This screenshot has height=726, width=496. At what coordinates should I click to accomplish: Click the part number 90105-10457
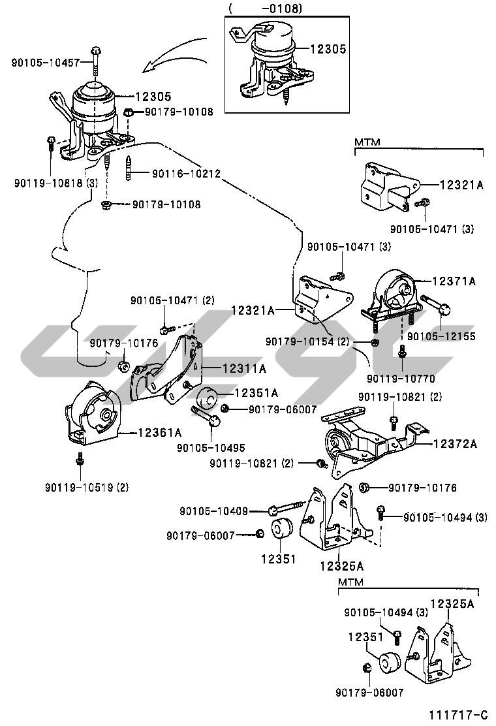pyautogui.click(x=45, y=63)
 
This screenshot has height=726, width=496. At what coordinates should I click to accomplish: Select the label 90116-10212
pyautogui.click(x=186, y=174)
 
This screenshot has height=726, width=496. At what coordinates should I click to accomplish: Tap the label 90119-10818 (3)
pyautogui.click(x=55, y=183)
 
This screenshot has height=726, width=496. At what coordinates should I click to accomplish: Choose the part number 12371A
pyautogui.click(x=454, y=281)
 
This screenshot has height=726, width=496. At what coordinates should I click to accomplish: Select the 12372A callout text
pyautogui.click(x=454, y=444)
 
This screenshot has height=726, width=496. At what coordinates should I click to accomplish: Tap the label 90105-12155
pyautogui.click(x=441, y=336)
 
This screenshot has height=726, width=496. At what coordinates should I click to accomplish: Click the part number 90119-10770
pyautogui.click(x=401, y=378)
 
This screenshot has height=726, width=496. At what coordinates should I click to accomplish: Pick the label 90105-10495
pyautogui.click(x=211, y=447)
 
